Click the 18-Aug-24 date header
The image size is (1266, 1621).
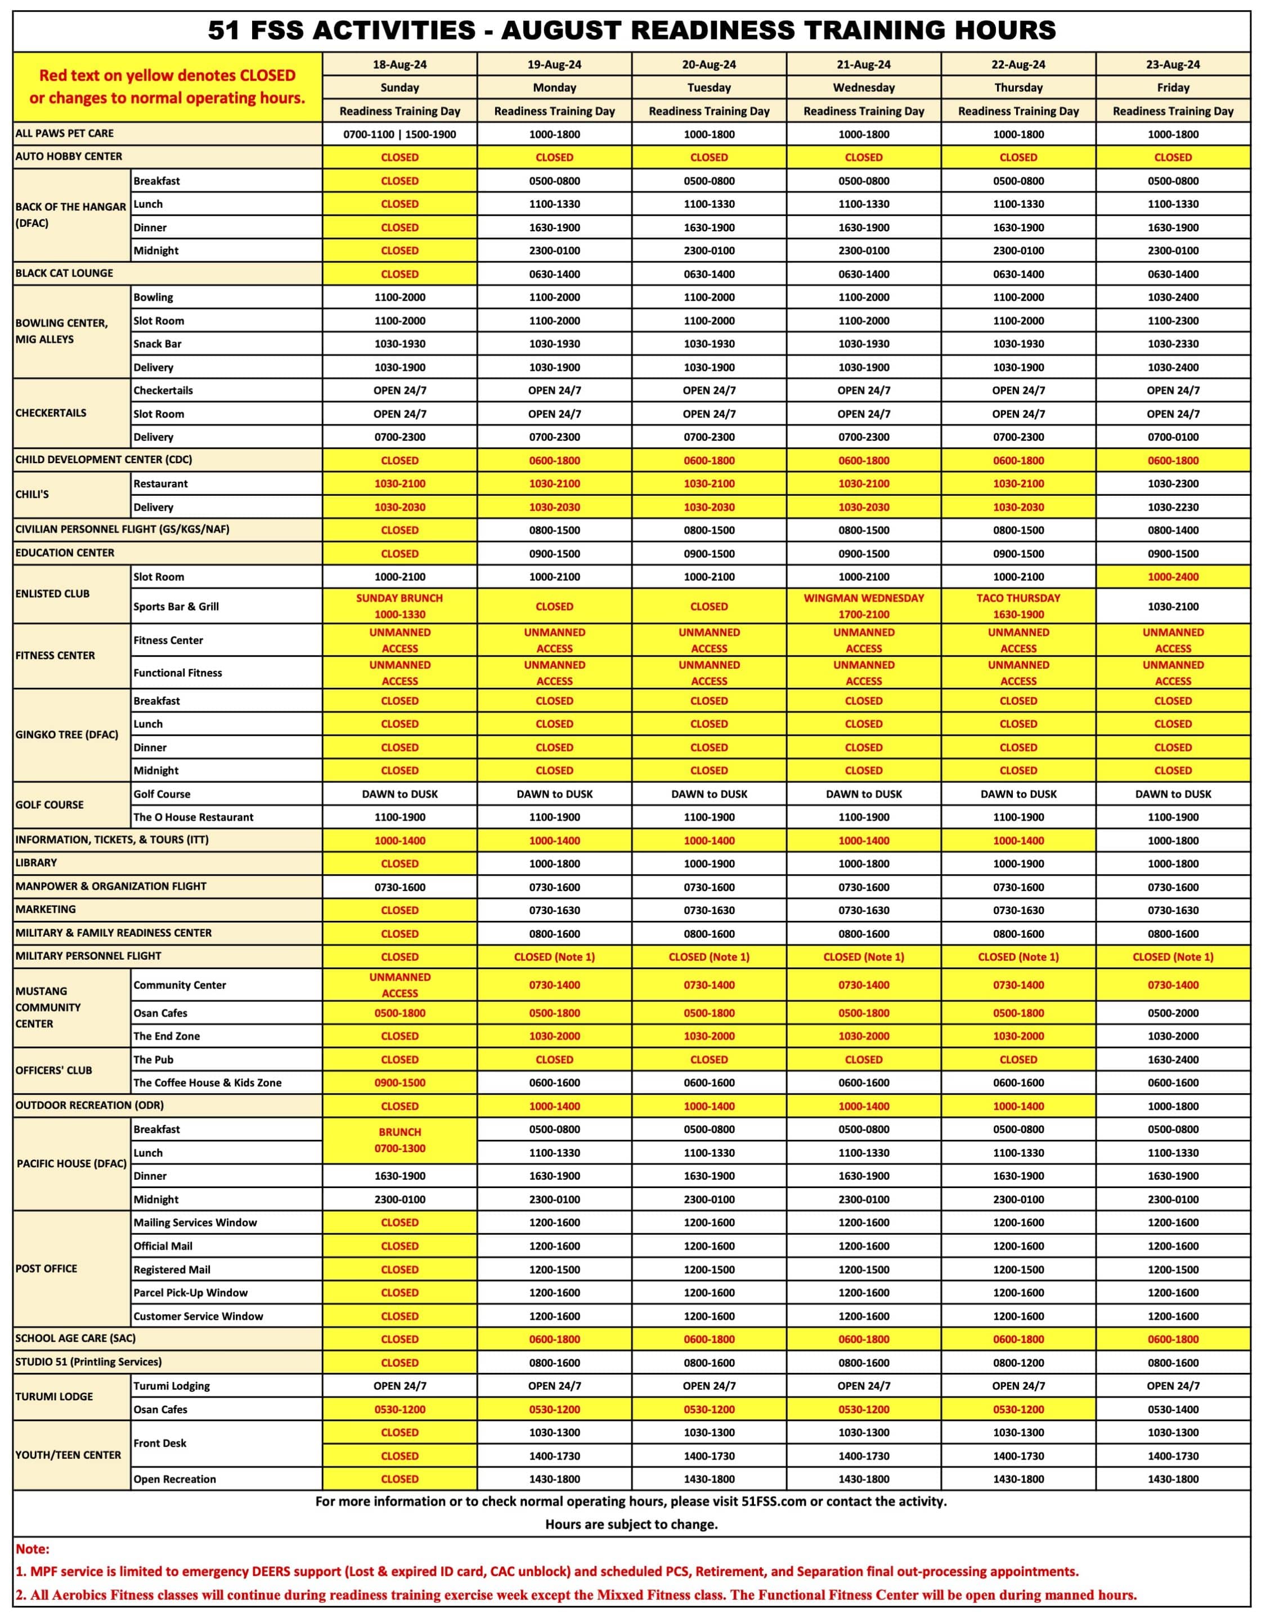click(x=399, y=65)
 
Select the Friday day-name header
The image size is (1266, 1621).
click(x=1173, y=88)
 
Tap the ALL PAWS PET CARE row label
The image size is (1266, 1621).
click(x=65, y=133)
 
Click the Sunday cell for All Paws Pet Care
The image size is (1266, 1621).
click(x=399, y=135)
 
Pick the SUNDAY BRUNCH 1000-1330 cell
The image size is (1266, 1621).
click(x=399, y=606)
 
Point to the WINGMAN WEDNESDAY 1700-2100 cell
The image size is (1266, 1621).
click(x=864, y=606)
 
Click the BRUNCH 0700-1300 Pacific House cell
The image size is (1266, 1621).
click(x=399, y=1140)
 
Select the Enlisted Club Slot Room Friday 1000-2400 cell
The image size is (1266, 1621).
click(x=1173, y=577)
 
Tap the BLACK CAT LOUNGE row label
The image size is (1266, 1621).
click(x=65, y=273)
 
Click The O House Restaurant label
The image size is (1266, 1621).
click(x=193, y=817)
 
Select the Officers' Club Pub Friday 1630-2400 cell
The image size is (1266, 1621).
click(x=1173, y=1059)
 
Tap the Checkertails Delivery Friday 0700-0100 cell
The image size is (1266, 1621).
click(x=1173, y=437)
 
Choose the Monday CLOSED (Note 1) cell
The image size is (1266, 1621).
click(x=554, y=957)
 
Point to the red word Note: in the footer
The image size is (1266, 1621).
click(x=33, y=1549)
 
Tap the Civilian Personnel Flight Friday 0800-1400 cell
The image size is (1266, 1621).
click(x=1173, y=530)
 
